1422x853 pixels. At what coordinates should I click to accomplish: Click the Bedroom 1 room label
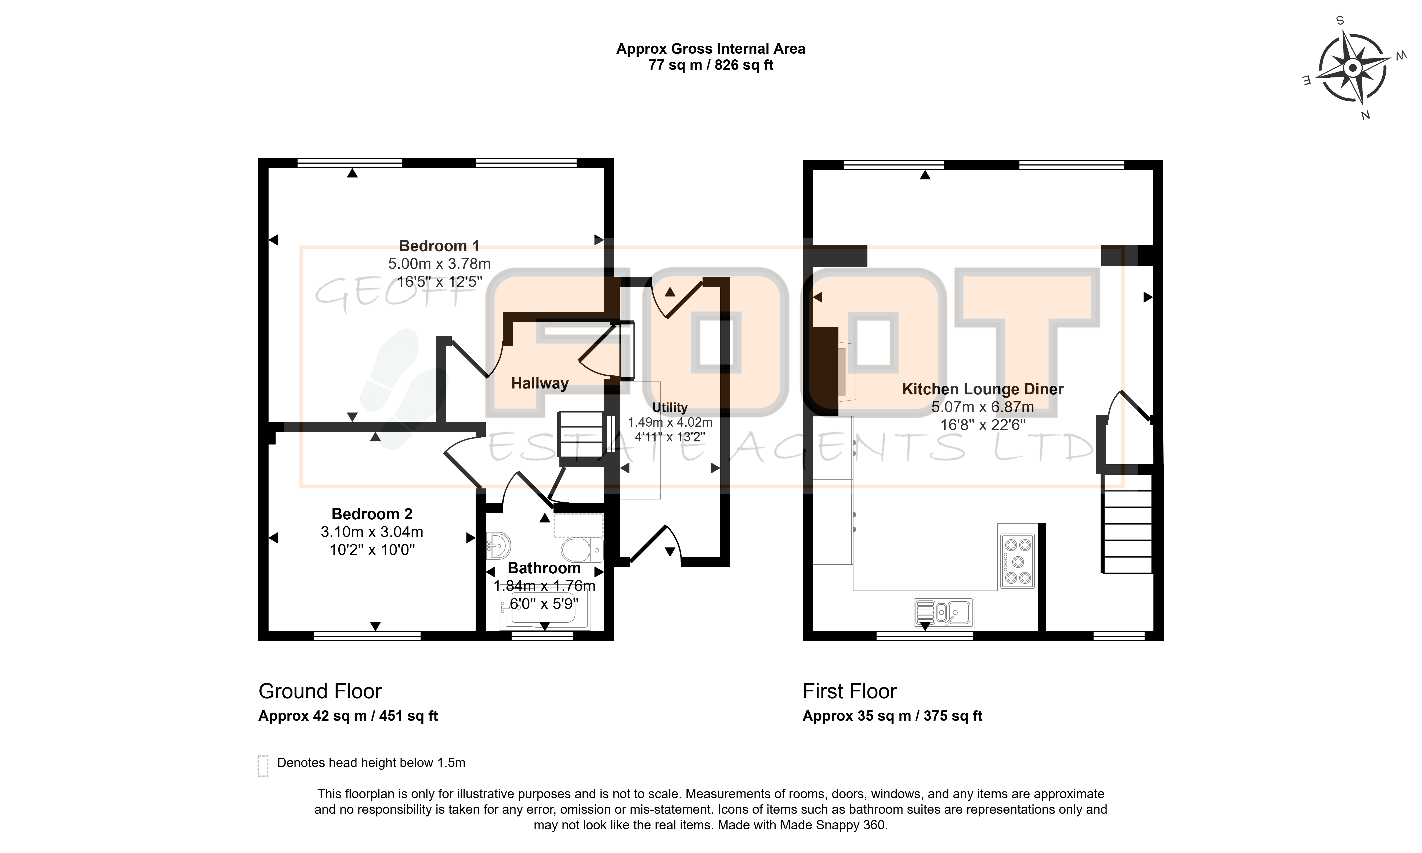439,246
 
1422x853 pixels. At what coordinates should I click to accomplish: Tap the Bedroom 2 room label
372,514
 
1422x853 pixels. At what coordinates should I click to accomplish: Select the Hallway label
540,383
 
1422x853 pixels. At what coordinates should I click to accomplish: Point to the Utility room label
670,408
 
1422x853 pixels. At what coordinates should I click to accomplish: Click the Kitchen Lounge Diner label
982,389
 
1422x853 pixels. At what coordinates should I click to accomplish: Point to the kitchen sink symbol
943,612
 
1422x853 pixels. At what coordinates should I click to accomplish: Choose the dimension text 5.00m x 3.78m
439,264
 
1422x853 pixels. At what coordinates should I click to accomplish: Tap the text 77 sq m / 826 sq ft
711,65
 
